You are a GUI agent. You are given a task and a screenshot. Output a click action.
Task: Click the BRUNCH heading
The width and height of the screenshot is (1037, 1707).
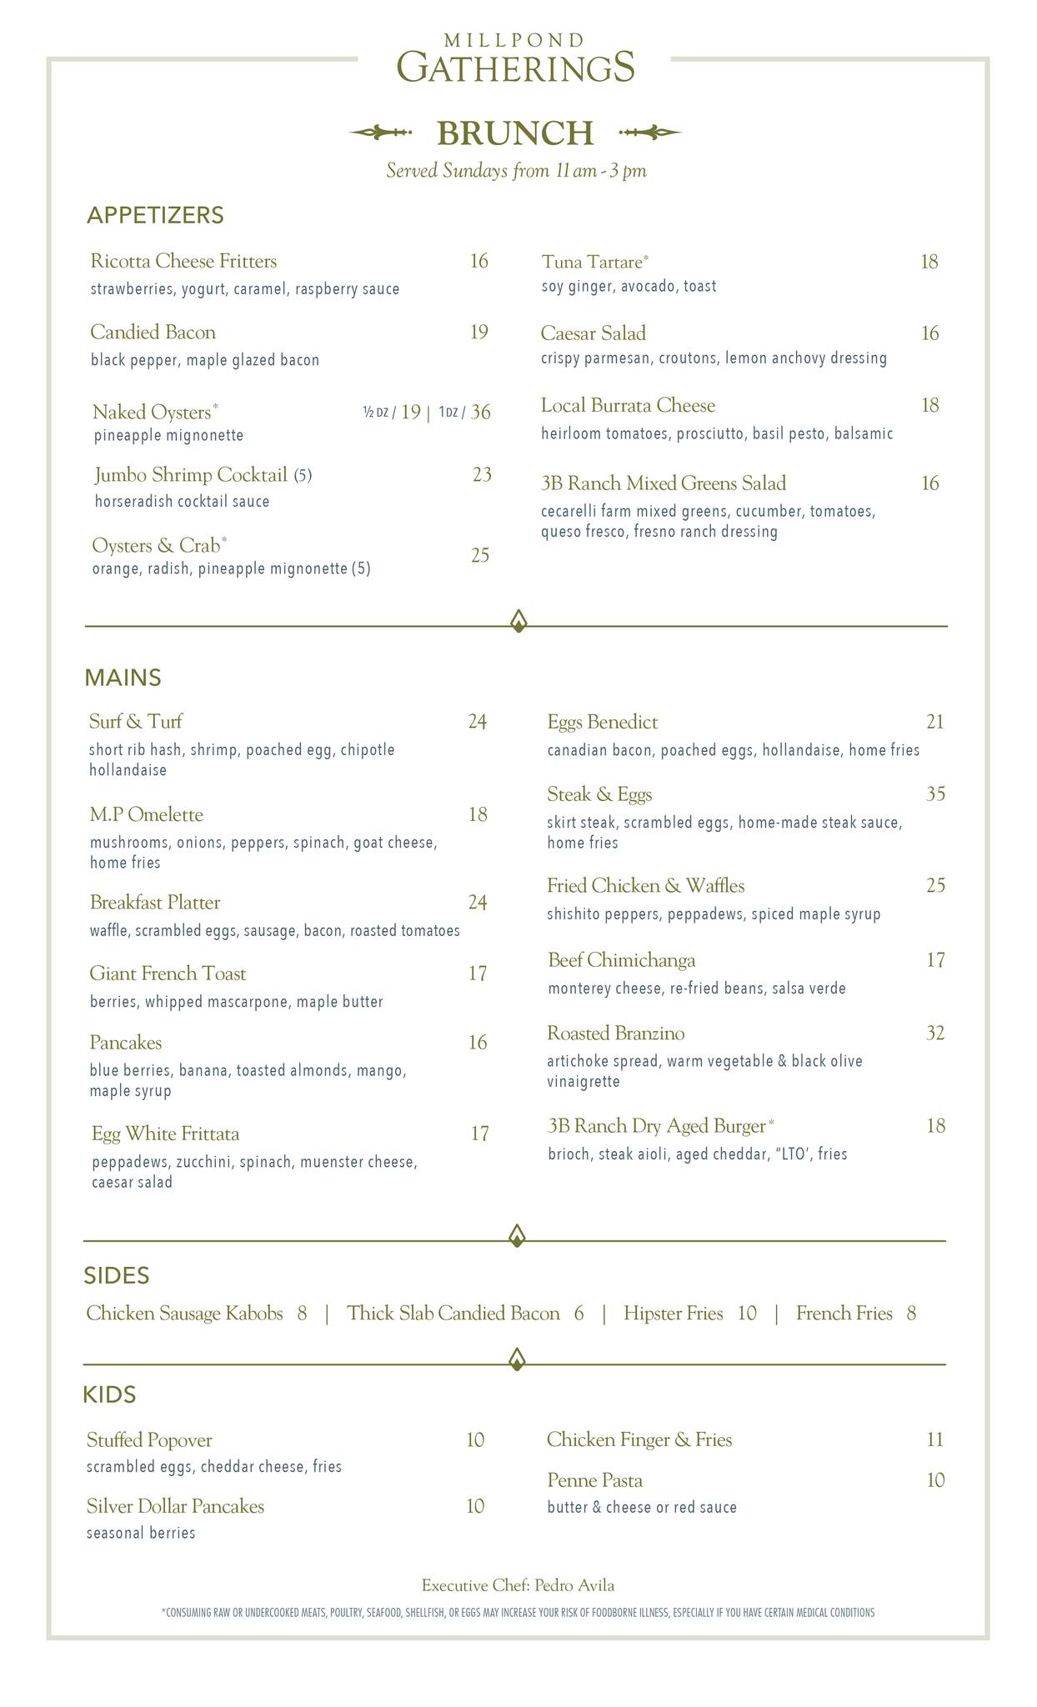coord(514,133)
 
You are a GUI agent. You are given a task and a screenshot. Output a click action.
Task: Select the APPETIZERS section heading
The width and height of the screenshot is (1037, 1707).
coord(155,216)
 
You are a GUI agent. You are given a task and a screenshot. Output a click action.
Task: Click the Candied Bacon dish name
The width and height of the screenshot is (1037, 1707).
coord(153,333)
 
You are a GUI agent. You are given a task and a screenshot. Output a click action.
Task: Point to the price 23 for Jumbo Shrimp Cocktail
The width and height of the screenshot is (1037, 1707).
coord(482,475)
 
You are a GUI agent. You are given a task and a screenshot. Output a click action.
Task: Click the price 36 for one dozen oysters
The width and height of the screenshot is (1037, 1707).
coord(480,412)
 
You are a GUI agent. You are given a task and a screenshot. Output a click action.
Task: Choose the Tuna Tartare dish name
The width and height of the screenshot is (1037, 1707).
coord(592,262)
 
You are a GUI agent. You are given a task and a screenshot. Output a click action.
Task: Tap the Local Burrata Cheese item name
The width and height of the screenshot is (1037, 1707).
coord(628,406)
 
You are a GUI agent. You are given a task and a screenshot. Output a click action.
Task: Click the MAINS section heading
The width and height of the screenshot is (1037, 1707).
coord(123,678)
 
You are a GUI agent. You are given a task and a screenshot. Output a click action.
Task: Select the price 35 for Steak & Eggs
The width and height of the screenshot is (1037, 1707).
coord(935,793)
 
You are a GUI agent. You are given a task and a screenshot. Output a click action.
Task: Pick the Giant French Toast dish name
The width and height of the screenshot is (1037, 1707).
coord(168,974)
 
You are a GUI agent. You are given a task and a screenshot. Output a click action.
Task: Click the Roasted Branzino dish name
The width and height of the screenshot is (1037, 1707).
coord(615,1034)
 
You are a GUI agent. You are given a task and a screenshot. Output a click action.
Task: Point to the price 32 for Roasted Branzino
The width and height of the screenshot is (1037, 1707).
coord(935,1034)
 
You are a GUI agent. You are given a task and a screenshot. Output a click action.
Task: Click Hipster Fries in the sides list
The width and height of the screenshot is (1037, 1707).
coord(673,1314)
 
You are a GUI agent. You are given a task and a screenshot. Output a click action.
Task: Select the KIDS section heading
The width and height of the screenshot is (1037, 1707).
coord(109,1394)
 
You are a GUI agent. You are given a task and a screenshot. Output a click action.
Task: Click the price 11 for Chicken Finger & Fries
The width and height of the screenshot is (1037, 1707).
coord(934,1439)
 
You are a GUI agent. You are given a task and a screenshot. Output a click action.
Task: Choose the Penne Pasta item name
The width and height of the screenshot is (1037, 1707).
coord(594,1480)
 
